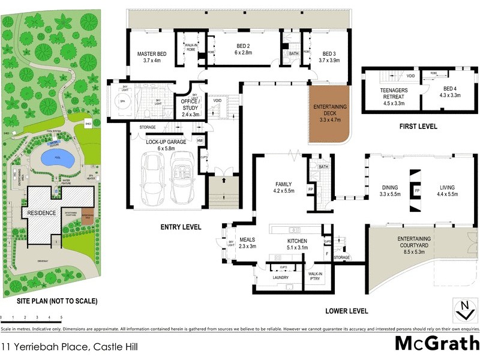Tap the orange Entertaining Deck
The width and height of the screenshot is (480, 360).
point(329,113)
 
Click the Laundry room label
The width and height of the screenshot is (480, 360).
point(280,278)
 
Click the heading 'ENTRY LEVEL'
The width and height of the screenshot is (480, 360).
point(181,227)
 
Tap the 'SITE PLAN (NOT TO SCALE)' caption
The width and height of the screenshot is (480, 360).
point(49,301)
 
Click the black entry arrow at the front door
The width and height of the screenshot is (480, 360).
point(223,179)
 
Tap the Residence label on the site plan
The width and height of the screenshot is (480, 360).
point(40,212)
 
